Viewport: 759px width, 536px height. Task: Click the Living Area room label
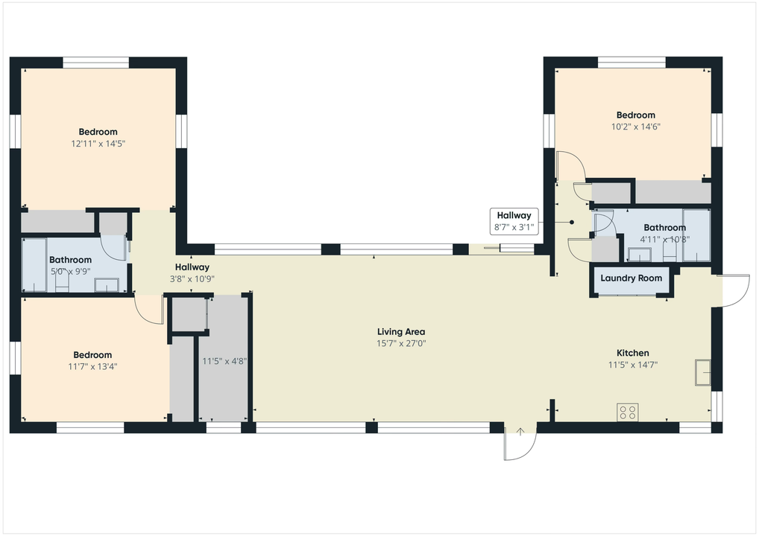click(401, 332)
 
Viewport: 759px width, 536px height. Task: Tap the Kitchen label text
click(632, 353)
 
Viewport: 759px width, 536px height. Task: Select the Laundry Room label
click(631, 278)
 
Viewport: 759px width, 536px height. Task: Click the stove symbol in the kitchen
click(627, 412)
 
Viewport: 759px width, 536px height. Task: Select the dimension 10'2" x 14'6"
click(635, 127)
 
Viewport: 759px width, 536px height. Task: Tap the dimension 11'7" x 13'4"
click(92, 366)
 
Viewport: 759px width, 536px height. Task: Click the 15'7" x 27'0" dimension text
click(401, 343)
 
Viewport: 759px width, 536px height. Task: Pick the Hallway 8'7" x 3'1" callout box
click(514, 222)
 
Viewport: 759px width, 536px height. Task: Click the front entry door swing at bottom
click(520, 444)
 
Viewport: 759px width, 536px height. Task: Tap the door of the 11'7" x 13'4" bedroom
click(149, 309)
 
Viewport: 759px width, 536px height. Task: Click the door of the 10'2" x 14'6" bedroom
click(570, 165)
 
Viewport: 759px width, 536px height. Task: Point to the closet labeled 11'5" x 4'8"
click(224, 361)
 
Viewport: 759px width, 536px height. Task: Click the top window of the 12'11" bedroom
click(96, 63)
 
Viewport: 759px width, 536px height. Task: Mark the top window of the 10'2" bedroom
click(632, 63)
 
